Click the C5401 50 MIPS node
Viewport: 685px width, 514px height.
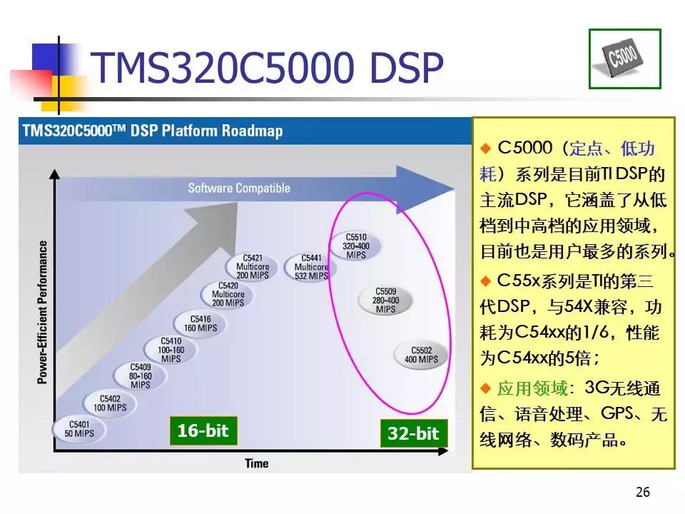tap(75, 428)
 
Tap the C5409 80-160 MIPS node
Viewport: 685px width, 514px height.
tap(140, 376)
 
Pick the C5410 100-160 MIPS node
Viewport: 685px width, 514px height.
tap(171, 350)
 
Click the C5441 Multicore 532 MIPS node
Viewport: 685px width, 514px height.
tap(311, 266)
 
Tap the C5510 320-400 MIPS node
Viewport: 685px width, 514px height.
tap(355, 246)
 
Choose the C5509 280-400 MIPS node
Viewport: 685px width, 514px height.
tap(385, 300)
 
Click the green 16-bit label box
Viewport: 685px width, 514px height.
tap(203, 431)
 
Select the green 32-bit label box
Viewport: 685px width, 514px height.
tap(412, 433)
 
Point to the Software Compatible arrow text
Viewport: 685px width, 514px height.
tap(239, 188)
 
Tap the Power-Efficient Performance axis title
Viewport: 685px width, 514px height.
tap(43, 312)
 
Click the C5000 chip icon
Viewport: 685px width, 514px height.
tap(624, 59)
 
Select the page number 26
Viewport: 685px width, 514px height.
tap(642, 493)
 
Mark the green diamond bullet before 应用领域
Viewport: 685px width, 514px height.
tap(486, 388)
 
